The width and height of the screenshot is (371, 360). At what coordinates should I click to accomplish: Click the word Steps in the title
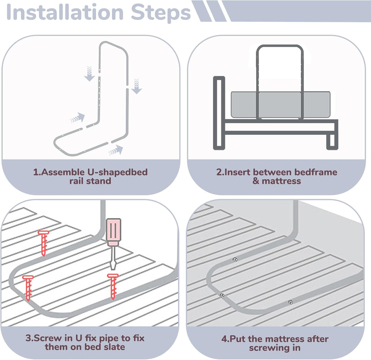coord(161,13)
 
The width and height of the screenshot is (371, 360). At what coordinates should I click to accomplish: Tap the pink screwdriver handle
coord(113,232)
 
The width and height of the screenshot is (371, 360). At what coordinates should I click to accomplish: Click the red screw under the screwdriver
coord(113,286)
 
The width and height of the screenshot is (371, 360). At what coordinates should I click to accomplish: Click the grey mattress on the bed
coord(280,104)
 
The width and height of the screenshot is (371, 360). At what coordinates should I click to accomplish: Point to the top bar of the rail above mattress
coord(280,46)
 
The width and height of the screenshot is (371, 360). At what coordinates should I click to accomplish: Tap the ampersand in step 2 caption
coord(256,181)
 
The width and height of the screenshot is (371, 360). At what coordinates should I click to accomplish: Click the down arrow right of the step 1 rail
coord(136,86)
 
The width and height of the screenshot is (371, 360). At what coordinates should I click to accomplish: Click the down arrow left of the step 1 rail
coord(89,73)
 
